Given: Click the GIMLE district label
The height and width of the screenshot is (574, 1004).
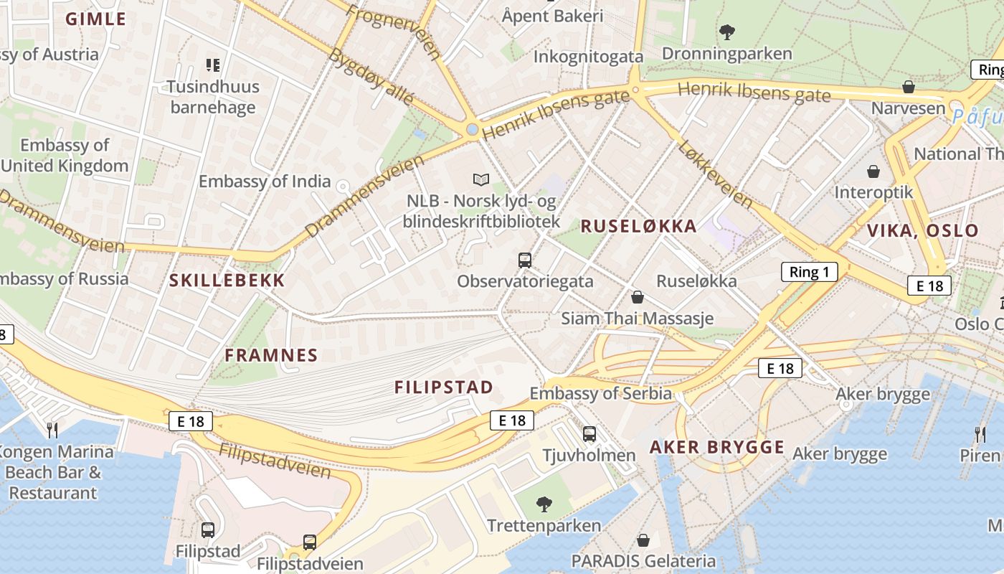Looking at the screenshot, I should click(x=95, y=19).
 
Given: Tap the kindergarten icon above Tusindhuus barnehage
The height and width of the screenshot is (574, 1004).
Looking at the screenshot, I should click(x=212, y=65).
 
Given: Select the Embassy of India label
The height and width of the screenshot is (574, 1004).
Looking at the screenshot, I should click(x=265, y=182).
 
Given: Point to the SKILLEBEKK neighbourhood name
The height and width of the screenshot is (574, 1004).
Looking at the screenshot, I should click(x=227, y=281).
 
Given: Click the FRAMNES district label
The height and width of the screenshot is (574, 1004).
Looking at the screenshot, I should click(x=271, y=355).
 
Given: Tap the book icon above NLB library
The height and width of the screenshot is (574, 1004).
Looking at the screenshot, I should click(x=481, y=179).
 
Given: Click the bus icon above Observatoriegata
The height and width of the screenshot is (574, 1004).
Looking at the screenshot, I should click(x=525, y=260).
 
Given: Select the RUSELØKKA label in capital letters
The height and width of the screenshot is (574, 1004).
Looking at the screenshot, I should click(x=638, y=227).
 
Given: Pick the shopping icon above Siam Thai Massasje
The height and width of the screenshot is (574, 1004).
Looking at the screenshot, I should click(x=637, y=297).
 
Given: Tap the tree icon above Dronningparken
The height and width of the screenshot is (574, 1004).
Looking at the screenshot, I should click(x=726, y=32).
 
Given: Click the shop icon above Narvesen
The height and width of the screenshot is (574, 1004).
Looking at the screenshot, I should click(x=908, y=87).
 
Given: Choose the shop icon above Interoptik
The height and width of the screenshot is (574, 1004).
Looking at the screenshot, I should click(x=873, y=171).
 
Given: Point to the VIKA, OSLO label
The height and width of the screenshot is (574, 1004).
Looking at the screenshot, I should click(x=922, y=231).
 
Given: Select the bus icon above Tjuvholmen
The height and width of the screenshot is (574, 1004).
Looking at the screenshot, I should click(x=589, y=433).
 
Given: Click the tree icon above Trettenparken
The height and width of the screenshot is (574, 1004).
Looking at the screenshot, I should click(x=544, y=504).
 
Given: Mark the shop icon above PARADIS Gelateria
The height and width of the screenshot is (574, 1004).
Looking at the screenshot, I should click(x=643, y=540).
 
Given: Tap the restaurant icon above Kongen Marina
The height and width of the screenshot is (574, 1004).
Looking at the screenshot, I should click(x=52, y=430).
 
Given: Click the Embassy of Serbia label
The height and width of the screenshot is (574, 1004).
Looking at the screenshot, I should click(x=600, y=393).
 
